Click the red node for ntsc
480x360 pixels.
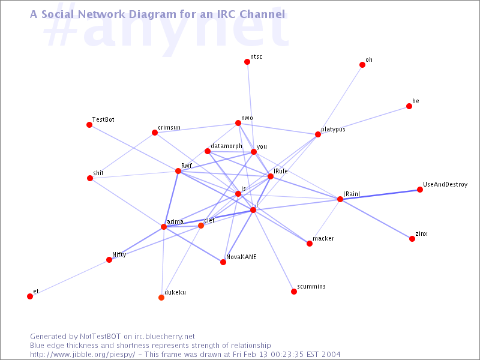(x=247, y=62)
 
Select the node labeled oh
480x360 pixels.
(x=362, y=65)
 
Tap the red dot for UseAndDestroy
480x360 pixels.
(x=419, y=190)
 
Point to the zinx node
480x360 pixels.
(x=412, y=238)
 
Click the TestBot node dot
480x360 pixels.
(x=89, y=125)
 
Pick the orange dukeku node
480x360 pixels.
(x=161, y=297)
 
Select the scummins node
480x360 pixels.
(x=294, y=292)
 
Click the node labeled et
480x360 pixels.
(x=30, y=296)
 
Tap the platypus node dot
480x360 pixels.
(x=318, y=134)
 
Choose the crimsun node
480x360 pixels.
(x=155, y=133)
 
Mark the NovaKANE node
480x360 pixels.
(x=223, y=262)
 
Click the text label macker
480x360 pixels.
(x=323, y=238)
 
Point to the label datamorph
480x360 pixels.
(x=227, y=146)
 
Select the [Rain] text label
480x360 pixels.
(x=352, y=194)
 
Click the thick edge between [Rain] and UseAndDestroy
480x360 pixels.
(x=380, y=194)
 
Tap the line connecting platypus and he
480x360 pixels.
(x=364, y=121)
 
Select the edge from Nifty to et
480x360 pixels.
(x=70, y=278)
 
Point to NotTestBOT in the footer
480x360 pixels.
(x=100, y=337)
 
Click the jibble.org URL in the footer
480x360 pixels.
(x=82, y=355)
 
